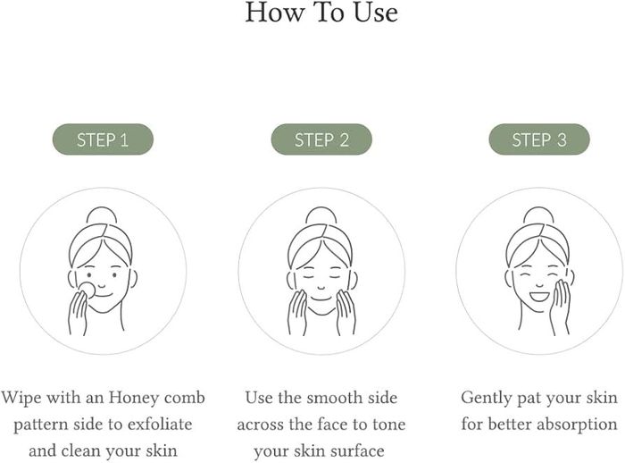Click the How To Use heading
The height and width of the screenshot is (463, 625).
point(321,12)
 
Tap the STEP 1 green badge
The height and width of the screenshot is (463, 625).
point(103,139)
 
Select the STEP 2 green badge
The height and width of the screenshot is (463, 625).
point(321,139)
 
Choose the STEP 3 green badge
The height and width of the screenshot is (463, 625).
point(539,139)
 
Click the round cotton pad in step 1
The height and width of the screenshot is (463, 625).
point(87,290)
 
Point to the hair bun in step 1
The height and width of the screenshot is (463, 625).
point(102,215)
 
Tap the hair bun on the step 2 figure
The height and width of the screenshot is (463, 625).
point(321,215)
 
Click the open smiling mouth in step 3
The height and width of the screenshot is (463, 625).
point(539,297)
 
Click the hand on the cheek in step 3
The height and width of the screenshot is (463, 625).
point(560,307)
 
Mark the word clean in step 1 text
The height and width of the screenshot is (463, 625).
point(79,450)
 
